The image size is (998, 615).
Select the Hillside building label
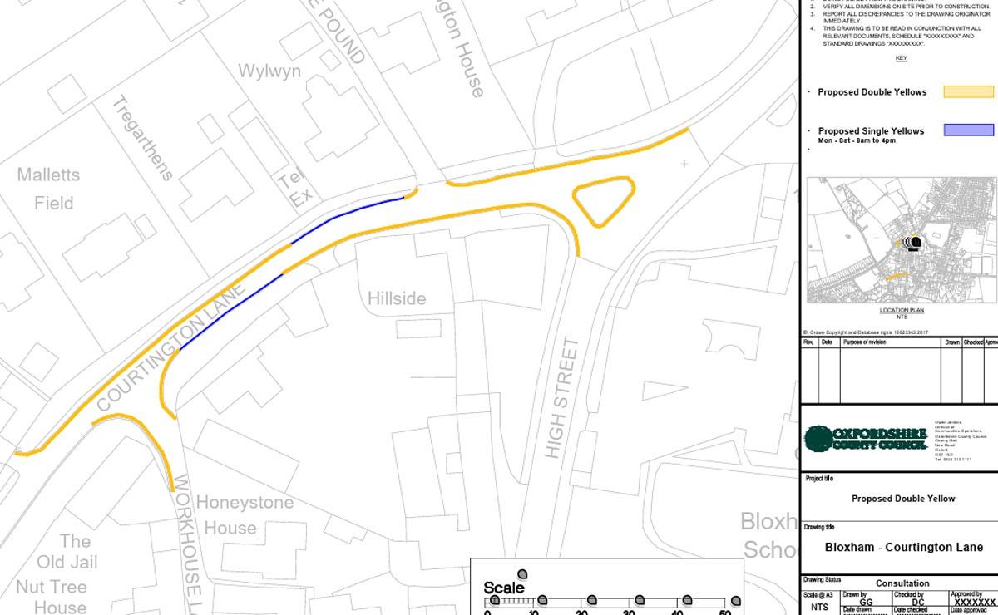(x=397, y=298)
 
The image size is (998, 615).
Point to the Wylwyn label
(x=269, y=71)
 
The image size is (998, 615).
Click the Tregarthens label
(x=142, y=138)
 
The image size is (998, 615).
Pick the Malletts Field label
(x=49, y=189)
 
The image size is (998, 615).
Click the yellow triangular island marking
(x=604, y=200)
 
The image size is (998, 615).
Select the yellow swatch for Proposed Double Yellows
(x=968, y=92)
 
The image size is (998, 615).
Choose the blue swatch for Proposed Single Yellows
(x=968, y=130)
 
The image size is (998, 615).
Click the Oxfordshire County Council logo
(x=865, y=438)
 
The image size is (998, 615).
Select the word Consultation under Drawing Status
(x=902, y=583)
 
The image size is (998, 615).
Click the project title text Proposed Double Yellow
(x=903, y=499)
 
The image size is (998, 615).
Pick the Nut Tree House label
(x=51, y=597)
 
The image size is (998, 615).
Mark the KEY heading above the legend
(x=901, y=58)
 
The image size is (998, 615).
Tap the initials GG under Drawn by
(x=865, y=602)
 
